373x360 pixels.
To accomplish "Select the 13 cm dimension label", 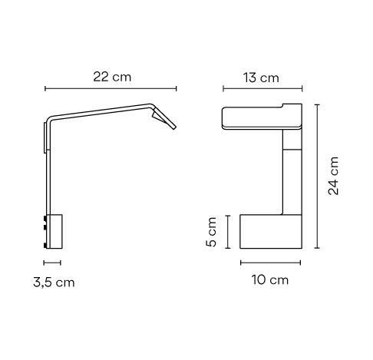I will click(260, 78).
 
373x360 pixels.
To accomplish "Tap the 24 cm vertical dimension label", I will click(334, 177).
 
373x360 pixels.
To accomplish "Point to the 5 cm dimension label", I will click(212, 231).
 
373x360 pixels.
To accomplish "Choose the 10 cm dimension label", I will click(269, 280).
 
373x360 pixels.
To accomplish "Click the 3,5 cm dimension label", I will click(54, 282).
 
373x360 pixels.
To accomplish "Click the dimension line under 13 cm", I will click(261, 88).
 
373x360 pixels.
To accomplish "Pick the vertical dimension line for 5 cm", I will click(226, 231).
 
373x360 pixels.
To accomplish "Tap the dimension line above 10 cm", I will click(269, 263).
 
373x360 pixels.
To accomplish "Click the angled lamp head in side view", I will click(165, 118).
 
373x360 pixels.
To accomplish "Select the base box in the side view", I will click(56, 231).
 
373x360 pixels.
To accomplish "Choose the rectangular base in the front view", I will click(269, 230).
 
